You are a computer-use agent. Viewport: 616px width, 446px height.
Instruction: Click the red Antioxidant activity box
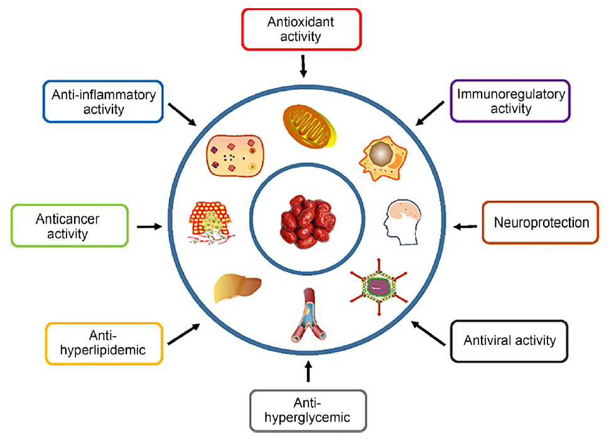302,29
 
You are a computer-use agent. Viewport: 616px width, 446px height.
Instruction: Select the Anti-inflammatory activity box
102,101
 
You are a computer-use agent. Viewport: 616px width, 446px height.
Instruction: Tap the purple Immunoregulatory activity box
511,101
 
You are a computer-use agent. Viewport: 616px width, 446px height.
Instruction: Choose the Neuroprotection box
541,222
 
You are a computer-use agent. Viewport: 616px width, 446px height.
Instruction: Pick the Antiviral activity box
509,341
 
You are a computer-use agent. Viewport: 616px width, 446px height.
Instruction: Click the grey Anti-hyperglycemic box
307,411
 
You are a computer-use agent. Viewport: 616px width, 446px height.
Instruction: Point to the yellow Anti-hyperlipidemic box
104,343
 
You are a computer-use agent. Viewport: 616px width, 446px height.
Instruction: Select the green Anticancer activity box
70,227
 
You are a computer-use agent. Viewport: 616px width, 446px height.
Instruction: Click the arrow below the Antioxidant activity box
303,65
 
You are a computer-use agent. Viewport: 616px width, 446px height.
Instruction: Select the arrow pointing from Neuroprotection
465,226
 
